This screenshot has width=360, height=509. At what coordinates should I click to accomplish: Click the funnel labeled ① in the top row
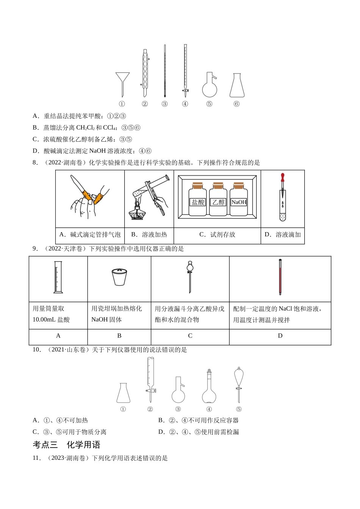[x=122, y=81]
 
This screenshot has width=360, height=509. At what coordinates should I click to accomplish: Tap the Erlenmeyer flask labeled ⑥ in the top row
[x=237, y=86]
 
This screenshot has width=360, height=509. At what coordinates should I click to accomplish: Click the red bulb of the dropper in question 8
[x=282, y=177]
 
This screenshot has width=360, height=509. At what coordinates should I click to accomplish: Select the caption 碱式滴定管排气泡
[x=95, y=234]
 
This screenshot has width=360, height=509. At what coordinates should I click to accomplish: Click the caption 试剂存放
[x=217, y=234]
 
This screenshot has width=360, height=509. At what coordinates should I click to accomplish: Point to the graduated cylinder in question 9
[x=58, y=277]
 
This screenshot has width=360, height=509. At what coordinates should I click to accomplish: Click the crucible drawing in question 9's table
[x=119, y=278]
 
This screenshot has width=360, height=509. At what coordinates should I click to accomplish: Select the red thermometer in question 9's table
[x=280, y=277]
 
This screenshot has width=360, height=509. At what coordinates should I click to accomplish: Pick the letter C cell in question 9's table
[x=190, y=336]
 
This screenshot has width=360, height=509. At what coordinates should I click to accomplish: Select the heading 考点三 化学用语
[x=66, y=445]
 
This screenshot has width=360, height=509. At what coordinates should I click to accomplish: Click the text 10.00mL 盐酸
[x=51, y=320]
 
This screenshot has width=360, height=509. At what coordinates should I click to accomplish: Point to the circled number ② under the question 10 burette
[x=150, y=409]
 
